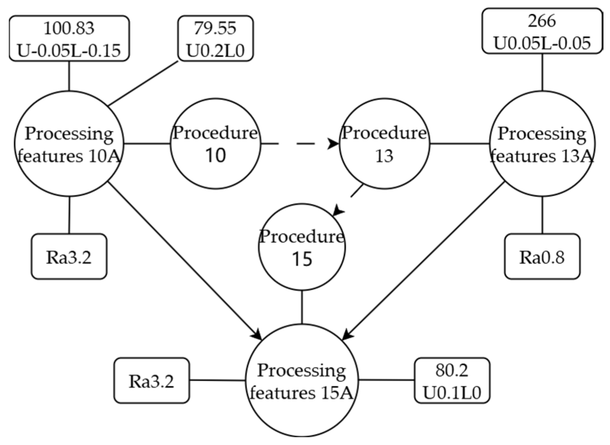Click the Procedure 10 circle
[x=215, y=144]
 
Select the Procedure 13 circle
[x=384, y=144]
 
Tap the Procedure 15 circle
[x=302, y=247]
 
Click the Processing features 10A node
[x=69, y=144]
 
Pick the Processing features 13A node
[x=542, y=144]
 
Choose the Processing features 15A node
[x=302, y=381]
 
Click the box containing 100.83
[x=69, y=38]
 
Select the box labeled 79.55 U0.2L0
[x=215, y=38]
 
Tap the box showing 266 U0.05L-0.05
[x=542, y=31]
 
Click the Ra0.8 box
[x=542, y=257]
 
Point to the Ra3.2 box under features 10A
[x=69, y=257]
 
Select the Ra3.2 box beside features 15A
[x=152, y=381]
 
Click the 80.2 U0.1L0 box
[x=452, y=381]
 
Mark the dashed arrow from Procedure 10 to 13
[x=298, y=144]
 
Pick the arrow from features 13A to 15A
[x=426, y=259]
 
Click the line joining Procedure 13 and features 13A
[x=459, y=144]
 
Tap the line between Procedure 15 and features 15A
[x=302, y=307]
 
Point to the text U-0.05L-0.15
[x=69, y=50]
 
